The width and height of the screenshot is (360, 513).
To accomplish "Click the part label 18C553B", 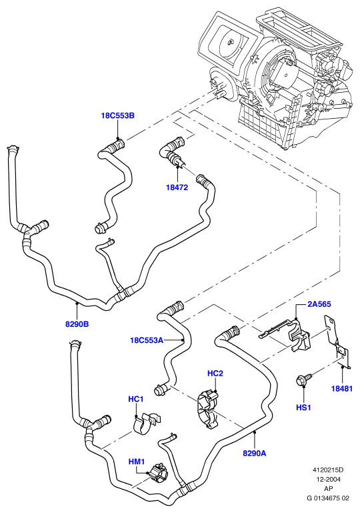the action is (117, 115).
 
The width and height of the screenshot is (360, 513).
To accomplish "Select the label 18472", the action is (177, 187).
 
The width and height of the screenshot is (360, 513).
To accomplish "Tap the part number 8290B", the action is (77, 324).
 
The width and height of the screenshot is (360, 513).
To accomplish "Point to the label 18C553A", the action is (147, 340).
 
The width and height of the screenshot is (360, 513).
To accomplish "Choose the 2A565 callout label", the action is (319, 304).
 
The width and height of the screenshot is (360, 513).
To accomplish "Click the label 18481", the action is (342, 389).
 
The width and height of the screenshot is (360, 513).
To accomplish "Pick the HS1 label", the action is (303, 408).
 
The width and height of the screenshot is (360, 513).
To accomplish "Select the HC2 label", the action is (215, 374).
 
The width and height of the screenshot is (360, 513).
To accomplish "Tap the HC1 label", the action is (136, 399).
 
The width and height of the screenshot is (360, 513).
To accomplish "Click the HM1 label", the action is (137, 462).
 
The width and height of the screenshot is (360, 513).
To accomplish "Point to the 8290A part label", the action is (255, 453).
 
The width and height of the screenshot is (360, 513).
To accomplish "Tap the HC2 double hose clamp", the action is (208, 408).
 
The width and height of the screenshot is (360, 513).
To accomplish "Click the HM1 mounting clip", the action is (159, 473).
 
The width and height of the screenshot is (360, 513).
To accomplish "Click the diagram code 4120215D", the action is (328, 470).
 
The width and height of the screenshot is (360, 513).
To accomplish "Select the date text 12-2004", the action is (328, 479).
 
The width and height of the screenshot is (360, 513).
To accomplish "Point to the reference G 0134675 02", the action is (328, 498).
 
